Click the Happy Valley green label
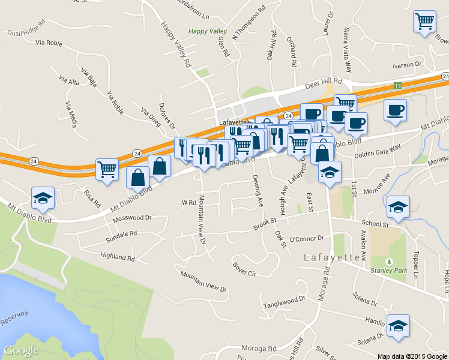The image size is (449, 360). [205, 31]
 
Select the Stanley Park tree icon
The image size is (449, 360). [389, 262]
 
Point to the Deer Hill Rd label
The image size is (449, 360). [322, 81]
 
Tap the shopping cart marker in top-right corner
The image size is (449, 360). [424, 22]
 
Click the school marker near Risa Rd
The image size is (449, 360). [43, 198]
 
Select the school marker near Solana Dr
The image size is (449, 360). [398, 325]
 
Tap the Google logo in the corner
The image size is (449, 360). [21, 350]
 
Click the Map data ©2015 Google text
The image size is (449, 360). [412, 356]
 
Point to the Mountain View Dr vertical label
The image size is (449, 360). [202, 219]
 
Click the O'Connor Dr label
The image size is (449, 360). [307, 239]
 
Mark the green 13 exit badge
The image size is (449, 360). [397, 86]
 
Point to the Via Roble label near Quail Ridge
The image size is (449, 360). [49, 43]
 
